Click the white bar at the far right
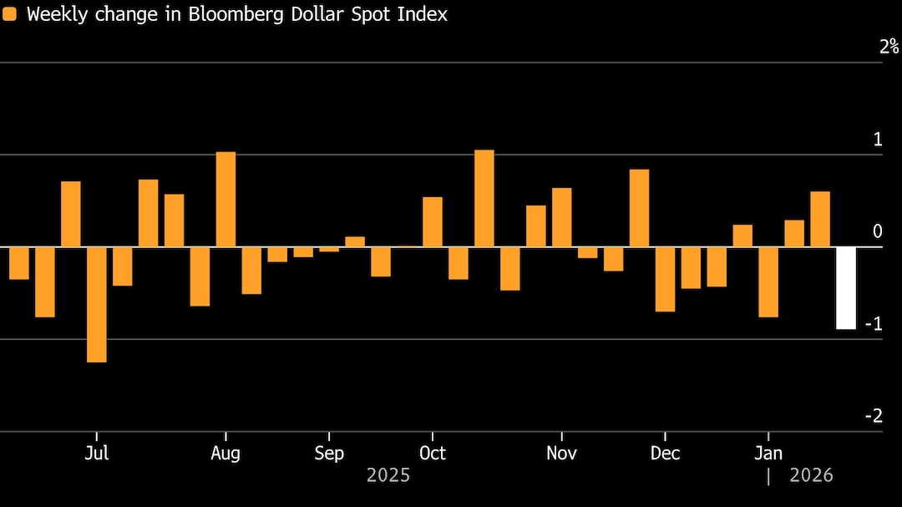tap(846, 288)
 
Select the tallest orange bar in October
tap(484, 199)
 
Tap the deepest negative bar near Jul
tap(97, 304)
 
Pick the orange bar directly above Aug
tap(225, 200)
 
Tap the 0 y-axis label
tap(877, 231)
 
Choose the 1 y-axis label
tap(877, 139)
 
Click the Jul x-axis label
tap(97, 454)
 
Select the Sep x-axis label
tap(329, 454)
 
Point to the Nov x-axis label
tap(561, 454)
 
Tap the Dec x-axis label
tap(665, 454)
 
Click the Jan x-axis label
tap(768, 454)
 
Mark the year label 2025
tap(388, 475)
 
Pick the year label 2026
tap(811, 475)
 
